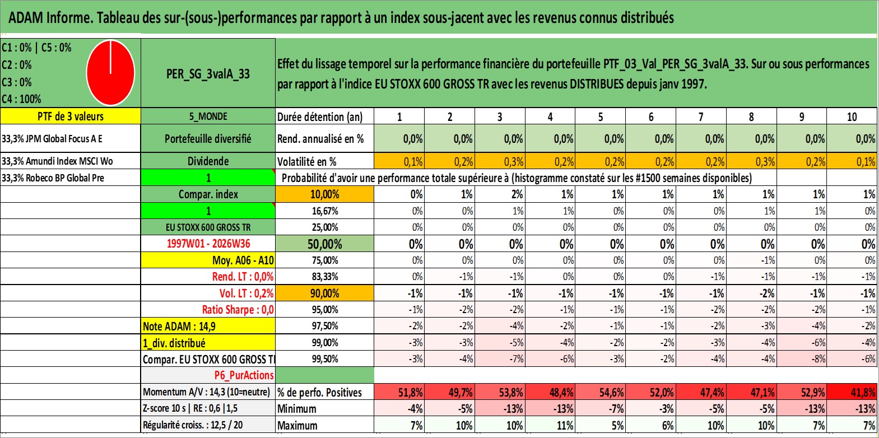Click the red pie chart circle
click(x=111, y=73)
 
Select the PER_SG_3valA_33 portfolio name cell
click(x=208, y=73)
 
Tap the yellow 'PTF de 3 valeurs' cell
click(x=71, y=116)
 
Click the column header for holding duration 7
click(x=701, y=117)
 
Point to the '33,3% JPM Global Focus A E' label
click(x=52, y=138)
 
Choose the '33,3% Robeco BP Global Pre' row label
click(x=53, y=178)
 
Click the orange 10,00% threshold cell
click(x=325, y=194)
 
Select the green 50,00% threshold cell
click(x=325, y=244)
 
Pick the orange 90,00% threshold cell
click(x=325, y=293)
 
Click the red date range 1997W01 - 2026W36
click(x=208, y=244)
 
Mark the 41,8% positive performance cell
click(x=852, y=392)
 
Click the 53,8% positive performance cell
click(x=500, y=392)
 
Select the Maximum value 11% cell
click(x=550, y=425)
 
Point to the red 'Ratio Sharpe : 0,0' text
click(x=238, y=310)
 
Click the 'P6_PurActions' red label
click(x=244, y=375)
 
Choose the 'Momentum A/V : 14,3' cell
click(x=206, y=392)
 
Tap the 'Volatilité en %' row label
click(x=307, y=161)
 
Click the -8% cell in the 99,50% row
click(x=802, y=359)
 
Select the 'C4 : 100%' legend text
click(x=22, y=99)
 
